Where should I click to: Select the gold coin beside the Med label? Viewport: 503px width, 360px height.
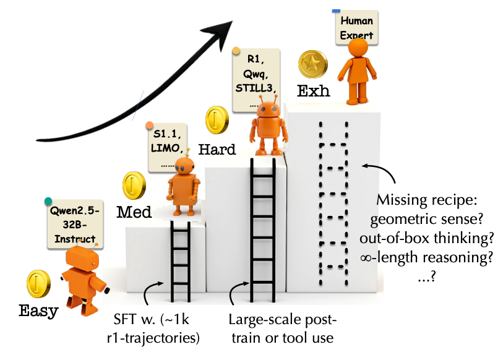pos(134,184)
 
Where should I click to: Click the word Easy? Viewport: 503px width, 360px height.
pos(38,311)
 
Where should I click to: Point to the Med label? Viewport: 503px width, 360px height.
pos(134,212)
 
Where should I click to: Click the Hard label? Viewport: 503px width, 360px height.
pos(217,150)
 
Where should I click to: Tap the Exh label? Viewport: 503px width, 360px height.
pos(313,92)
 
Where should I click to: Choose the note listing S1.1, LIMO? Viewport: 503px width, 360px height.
pos(169,147)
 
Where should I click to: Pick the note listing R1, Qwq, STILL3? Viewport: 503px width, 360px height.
pos(255,79)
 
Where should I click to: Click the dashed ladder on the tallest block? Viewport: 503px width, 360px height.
pos(333,204)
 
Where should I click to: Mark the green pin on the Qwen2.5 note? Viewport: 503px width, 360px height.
pos(48,200)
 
